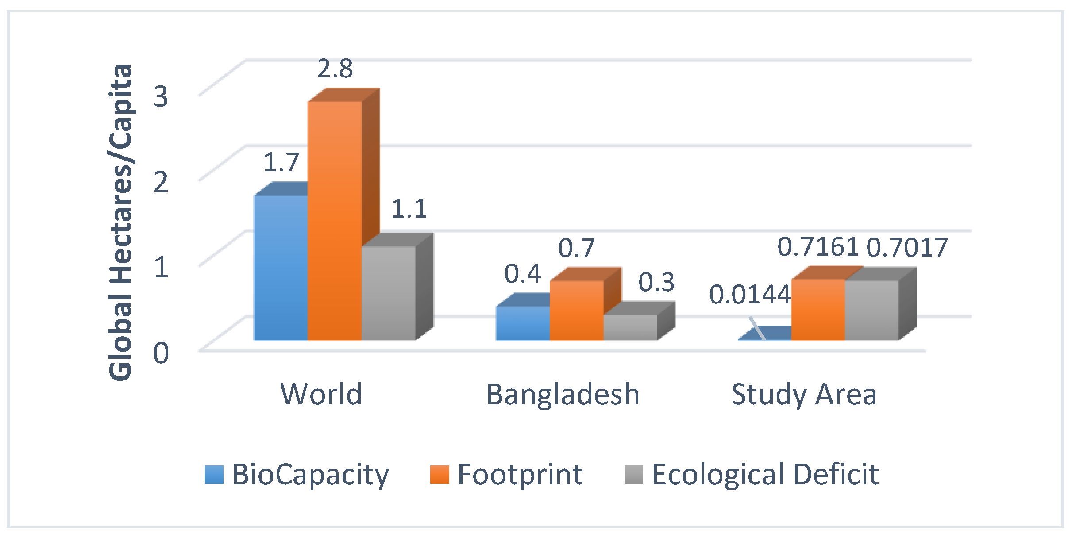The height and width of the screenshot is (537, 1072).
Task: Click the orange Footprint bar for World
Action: tap(335, 221)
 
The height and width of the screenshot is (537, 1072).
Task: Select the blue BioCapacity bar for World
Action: tap(281, 268)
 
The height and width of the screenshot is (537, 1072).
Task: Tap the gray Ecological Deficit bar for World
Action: tap(388, 293)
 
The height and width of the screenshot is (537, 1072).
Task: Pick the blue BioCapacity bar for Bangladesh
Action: tap(523, 323)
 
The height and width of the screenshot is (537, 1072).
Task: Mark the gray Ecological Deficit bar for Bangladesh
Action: tap(630, 327)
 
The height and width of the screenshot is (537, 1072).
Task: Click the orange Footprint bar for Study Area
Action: tap(818, 310)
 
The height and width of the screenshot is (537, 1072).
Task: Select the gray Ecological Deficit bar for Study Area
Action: tap(871, 310)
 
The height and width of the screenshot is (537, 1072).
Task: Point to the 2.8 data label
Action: tap(335, 69)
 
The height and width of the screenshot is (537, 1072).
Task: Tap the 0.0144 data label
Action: tap(750, 295)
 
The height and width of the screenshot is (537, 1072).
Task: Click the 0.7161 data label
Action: tap(818, 247)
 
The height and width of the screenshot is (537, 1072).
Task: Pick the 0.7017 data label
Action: tap(907, 248)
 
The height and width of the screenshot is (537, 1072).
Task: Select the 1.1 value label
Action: tap(409, 209)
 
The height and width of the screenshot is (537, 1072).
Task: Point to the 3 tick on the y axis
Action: tap(161, 96)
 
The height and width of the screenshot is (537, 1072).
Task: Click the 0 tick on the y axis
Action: tap(161, 353)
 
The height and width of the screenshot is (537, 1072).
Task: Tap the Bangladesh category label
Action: tap(563, 394)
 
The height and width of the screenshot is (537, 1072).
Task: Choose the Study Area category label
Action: tap(804, 394)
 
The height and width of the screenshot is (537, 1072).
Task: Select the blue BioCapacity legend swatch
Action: tap(214, 475)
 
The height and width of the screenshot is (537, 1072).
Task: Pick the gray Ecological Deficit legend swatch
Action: tap(633, 475)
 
